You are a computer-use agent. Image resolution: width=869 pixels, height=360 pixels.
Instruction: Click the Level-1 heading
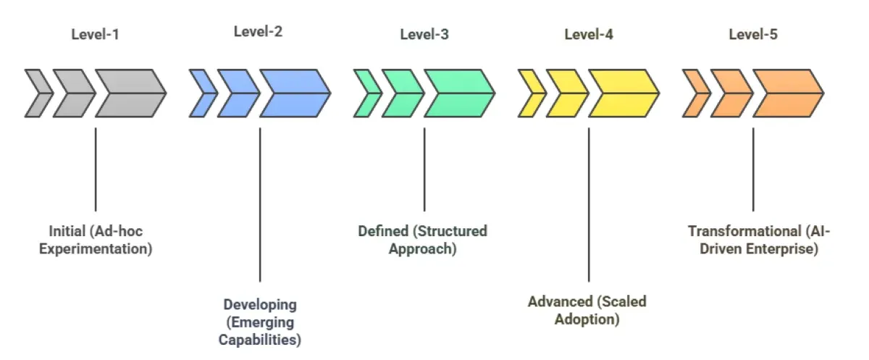[95, 34]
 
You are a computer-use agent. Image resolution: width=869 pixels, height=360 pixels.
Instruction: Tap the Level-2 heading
[259, 32]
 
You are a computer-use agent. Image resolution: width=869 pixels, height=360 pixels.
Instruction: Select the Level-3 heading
[424, 34]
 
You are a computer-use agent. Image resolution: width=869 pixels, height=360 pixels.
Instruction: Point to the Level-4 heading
[589, 34]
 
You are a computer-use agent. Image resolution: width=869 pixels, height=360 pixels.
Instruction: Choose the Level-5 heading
[753, 34]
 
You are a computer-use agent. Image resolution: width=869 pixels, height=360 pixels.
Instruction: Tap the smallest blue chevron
[201, 93]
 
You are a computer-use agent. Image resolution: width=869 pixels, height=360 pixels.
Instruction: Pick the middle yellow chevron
[566, 93]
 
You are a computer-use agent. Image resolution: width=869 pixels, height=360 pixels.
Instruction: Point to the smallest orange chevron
[695, 93]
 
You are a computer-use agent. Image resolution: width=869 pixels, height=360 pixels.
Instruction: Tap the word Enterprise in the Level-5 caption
[789, 249]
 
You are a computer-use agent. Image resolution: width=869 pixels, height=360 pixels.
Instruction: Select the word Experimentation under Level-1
[96, 249]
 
